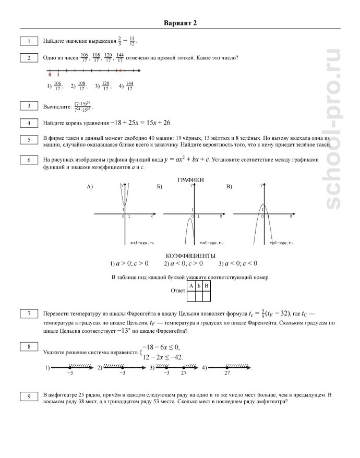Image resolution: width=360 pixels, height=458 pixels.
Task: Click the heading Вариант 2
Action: pyautogui.click(x=179, y=23)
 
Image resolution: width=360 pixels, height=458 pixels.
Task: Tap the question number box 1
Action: pyautogui.click(x=29, y=41)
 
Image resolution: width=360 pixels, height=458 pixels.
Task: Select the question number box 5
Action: pyautogui.click(x=29, y=139)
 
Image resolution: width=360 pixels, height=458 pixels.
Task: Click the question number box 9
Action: pyautogui.click(x=29, y=397)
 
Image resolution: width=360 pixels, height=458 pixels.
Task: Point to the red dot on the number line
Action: pyautogui.click(x=120, y=70)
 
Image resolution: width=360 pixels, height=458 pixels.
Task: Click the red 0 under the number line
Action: pyautogui.click(x=50, y=75)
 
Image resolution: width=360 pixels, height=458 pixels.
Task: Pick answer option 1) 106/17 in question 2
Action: pyautogui.click(x=55, y=86)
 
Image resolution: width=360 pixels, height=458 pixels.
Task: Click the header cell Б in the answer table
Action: pyautogui.click(x=199, y=286)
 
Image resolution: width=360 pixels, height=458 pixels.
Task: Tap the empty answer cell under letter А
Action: pyautogui.click(x=191, y=296)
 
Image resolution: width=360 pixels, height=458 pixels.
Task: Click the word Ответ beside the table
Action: pyautogui.click(x=178, y=291)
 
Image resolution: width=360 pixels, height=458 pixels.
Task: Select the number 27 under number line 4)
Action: pyautogui.click(x=227, y=373)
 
